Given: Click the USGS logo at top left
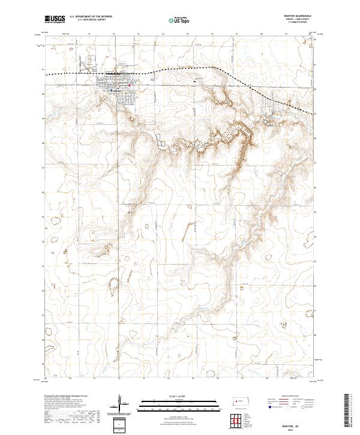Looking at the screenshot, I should point(55,19).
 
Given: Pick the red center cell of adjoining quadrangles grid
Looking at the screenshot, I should point(238,418).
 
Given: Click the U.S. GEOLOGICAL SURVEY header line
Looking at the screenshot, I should point(91,20).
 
